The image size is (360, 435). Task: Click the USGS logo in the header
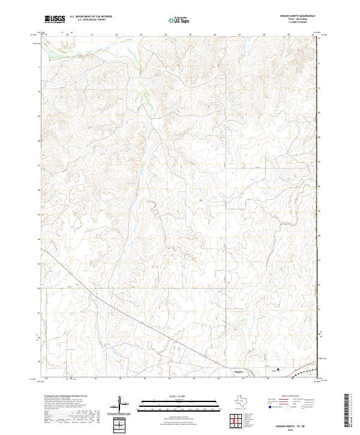55,19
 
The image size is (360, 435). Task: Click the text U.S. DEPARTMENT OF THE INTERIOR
91,17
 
